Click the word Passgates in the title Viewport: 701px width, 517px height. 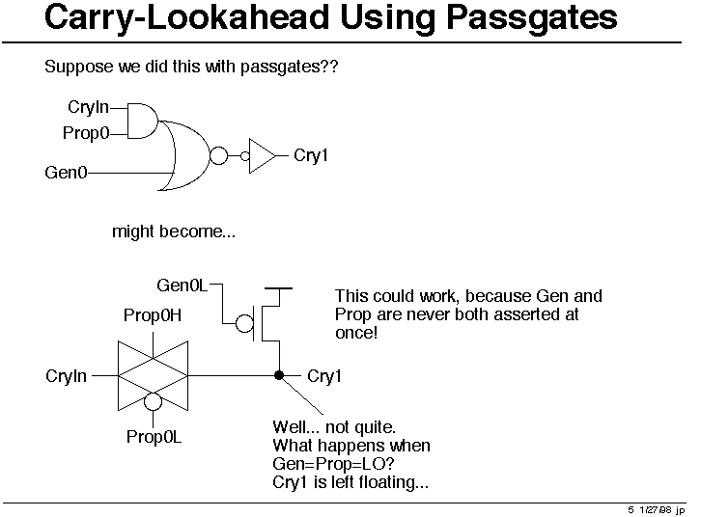[x=532, y=18]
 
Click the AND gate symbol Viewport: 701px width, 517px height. [x=143, y=121]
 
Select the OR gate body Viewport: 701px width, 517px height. [x=184, y=155]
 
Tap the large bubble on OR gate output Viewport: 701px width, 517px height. [x=218, y=156]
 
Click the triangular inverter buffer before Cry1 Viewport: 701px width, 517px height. [x=262, y=156]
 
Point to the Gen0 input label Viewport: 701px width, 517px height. [x=66, y=173]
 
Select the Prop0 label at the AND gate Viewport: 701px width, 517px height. [x=86, y=133]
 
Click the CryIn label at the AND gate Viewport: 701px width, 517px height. [x=88, y=107]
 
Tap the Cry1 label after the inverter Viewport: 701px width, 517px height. [x=311, y=156]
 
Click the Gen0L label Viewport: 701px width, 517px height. [x=182, y=286]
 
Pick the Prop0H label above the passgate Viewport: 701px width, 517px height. [x=153, y=315]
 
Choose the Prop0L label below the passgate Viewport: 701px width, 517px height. [x=154, y=437]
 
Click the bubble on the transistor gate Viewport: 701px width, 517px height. [x=244, y=323]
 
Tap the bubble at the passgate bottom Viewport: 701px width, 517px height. [x=153, y=401]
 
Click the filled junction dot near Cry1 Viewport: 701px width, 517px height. [x=279, y=375]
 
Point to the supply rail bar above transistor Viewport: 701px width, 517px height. [x=278, y=288]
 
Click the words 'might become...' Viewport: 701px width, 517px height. [x=174, y=231]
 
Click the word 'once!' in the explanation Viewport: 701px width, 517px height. [x=356, y=333]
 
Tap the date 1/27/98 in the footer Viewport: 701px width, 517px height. [x=655, y=509]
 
